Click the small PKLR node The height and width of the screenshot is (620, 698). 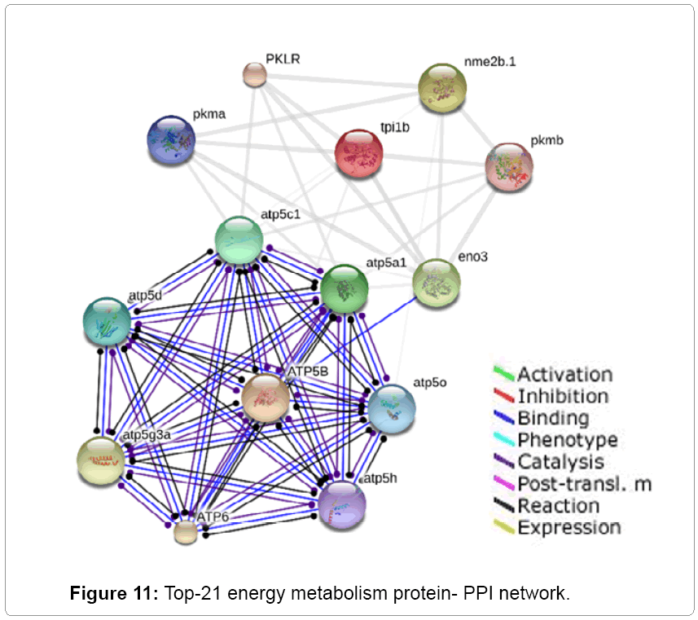(x=255, y=75)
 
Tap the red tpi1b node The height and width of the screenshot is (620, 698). (x=359, y=152)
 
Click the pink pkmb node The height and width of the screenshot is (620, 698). (x=509, y=167)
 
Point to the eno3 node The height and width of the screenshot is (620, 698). (x=437, y=283)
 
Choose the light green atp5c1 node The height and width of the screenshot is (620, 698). (x=239, y=240)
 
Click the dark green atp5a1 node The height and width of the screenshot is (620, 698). (x=344, y=288)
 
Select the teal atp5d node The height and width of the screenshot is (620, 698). (x=108, y=320)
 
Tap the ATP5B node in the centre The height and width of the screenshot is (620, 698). (x=266, y=398)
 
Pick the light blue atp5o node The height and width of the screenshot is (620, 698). (x=391, y=407)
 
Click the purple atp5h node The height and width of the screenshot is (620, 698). (x=342, y=504)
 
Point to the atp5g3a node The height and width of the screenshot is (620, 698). (x=101, y=460)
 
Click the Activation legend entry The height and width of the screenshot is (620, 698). (x=564, y=375)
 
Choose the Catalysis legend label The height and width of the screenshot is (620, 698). (x=560, y=462)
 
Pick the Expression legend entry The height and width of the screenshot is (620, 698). (x=568, y=528)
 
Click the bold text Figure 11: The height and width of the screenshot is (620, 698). (x=114, y=592)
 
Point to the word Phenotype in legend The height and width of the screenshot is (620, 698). (x=567, y=440)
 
